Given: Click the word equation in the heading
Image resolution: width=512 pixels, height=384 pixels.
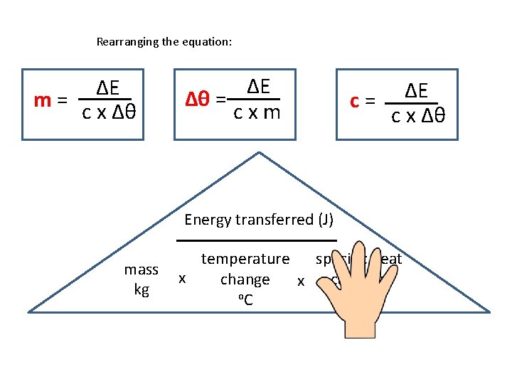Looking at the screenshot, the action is click(x=204, y=42).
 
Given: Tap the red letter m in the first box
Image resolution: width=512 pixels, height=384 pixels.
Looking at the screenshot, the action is click(x=43, y=100).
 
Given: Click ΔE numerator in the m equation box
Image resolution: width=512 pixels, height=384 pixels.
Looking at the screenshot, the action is click(x=107, y=88).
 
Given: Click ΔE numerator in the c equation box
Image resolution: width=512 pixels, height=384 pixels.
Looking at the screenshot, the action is click(x=417, y=91).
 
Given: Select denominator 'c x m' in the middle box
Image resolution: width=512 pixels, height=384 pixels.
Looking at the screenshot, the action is click(x=257, y=112).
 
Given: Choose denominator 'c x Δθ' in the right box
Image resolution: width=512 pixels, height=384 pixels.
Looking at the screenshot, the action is click(x=419, y=115).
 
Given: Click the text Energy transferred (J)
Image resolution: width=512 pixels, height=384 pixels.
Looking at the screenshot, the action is click(x=259, y=220).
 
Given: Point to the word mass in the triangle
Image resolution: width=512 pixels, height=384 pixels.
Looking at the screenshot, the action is click(x=142, y=270).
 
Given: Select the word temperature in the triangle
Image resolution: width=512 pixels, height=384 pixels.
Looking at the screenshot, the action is click(x=245, y=260).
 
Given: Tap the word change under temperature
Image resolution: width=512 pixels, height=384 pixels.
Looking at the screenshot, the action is click(x=245, y=279).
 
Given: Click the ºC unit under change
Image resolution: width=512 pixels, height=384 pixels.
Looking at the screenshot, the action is click(x=245, y=300).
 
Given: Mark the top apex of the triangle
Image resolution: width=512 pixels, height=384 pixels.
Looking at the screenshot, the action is click(x=260, y=151).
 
